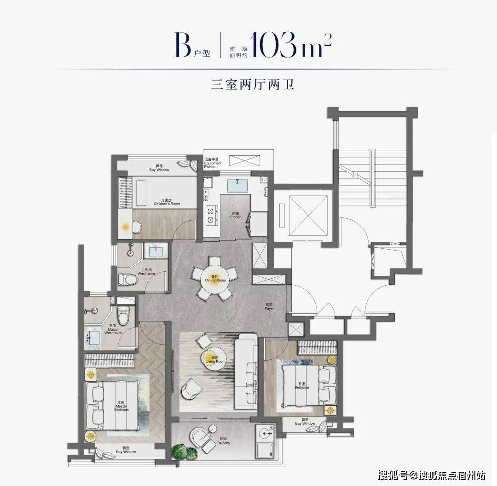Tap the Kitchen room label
click(235, 216)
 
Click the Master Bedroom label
click(121, 407)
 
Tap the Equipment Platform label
click(213, 164)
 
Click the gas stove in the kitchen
click(212, 216)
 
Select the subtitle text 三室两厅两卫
click(249, 86)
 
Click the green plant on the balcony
click(183, 451)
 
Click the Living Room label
click(215, 360)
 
